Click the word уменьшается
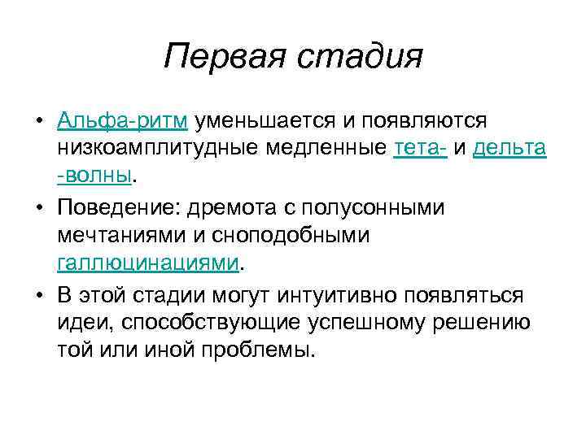point(265,121)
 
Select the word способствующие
point(212,323)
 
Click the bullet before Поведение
point(39,206)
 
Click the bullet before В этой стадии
point(39,294)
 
